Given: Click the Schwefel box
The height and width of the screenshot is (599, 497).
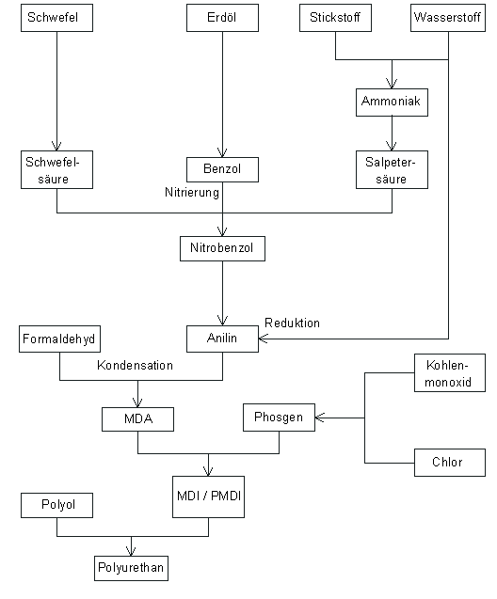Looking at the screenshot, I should coord(56,18).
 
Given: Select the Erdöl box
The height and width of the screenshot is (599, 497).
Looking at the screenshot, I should coord(222,18).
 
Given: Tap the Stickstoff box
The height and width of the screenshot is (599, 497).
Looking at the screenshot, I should coord(335,18).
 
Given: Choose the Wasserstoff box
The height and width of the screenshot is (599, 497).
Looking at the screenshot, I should coord(448,18).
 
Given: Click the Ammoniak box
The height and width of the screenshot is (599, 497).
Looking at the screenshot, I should coord(392,102).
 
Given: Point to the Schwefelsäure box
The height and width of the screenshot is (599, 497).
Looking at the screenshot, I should coord(56,168).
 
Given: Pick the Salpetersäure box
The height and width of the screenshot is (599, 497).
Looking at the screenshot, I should coord(392,168).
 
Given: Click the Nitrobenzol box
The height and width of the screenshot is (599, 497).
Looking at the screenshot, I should coord(222,248).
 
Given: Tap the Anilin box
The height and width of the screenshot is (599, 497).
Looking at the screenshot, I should coord(222,339).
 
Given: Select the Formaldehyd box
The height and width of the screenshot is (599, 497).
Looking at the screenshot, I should coord(59,339).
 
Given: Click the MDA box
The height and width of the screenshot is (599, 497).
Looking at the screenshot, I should coord(138,417).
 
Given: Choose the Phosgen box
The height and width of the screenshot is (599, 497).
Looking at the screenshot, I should coord(279,417).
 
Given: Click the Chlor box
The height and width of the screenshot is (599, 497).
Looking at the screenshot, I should coord(449,463).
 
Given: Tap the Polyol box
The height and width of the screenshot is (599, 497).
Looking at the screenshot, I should coord(56,505).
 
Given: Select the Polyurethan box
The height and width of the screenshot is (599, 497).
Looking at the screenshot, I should coord(133,568).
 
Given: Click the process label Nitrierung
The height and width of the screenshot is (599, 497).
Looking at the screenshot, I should coord(192,193).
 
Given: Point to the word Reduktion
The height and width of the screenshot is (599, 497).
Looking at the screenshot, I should coord(292,323).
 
